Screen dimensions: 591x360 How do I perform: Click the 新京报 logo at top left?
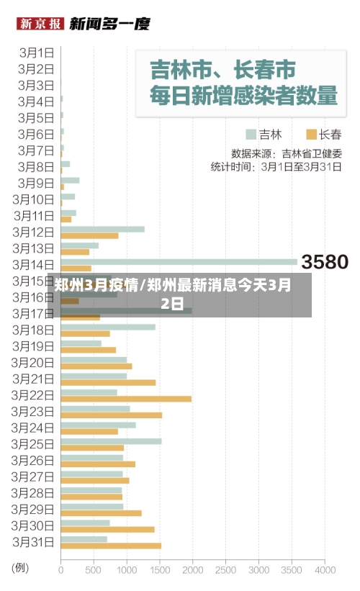tap(40, 24)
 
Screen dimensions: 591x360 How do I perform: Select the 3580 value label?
tap(324, 262)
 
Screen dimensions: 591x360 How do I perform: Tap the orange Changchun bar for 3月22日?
tap(126, 399)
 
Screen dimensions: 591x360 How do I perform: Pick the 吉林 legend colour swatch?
tap(251, 134)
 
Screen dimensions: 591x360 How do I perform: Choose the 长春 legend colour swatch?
tap(311, 134)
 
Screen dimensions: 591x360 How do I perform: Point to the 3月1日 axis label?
tap(37, 52)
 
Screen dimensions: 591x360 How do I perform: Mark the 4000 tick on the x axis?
tap(325, 569)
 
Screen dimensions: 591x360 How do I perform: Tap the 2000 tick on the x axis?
tap(192, 569)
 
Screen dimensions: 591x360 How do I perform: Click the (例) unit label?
tap(20, 568)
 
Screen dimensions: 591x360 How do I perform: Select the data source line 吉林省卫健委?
tap(286, 153)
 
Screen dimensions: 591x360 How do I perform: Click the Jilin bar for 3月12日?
tap(102, 230)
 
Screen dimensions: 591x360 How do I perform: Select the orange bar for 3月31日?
tap(111, 546)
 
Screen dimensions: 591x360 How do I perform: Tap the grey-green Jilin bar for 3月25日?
tap(111, 441)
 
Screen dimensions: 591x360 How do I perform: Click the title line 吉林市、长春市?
tap(222, 71)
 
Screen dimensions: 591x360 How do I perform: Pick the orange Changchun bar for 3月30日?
tap(107, 529)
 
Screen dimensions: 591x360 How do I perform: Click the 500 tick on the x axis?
tap(94, 569)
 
